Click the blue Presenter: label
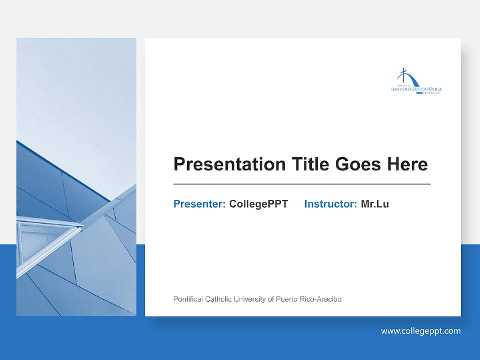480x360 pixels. [199, 204]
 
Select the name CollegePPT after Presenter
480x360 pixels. [258, 204]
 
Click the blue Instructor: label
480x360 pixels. [330, 204]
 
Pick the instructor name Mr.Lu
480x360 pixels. [375, 204]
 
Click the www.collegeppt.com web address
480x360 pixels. [421, 331]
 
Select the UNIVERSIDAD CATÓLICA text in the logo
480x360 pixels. [416, 89]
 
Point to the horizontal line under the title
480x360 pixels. [302, 184]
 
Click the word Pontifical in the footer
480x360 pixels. [188, 299]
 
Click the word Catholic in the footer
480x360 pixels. [218, 299]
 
